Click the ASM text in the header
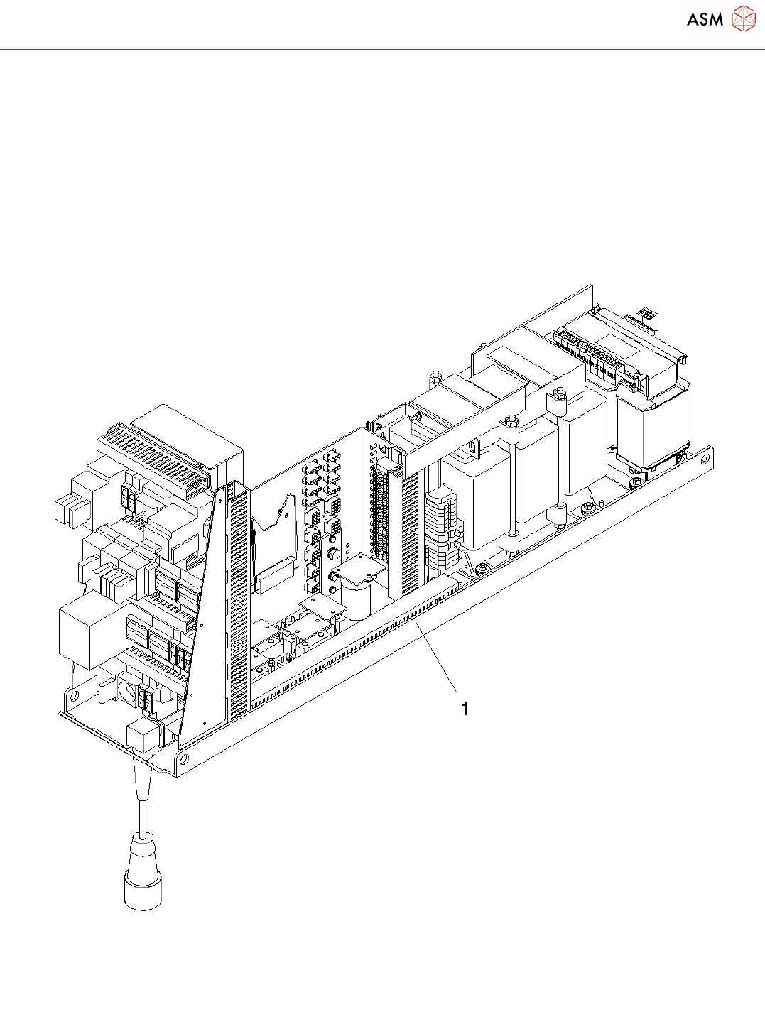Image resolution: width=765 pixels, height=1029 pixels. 705,19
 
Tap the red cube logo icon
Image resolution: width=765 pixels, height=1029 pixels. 743,18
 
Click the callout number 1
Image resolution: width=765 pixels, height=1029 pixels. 465,709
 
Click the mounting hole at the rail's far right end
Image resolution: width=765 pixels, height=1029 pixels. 705,459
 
